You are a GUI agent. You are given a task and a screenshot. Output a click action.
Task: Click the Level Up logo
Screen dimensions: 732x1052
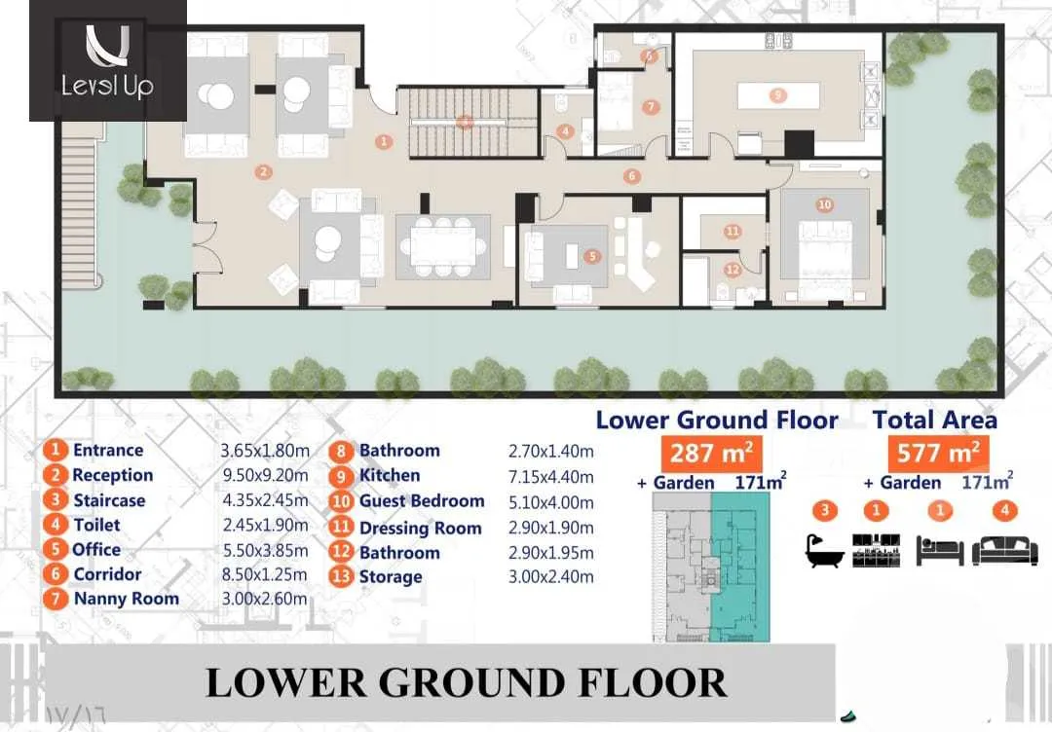107,60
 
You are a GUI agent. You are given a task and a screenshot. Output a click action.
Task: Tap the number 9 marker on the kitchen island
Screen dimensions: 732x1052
776,95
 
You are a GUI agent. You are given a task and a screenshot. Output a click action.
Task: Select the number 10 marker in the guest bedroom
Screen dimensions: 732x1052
825,205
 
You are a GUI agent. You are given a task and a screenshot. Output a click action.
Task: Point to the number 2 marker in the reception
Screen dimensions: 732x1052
263,172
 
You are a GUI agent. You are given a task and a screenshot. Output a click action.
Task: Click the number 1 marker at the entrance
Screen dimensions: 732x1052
385,142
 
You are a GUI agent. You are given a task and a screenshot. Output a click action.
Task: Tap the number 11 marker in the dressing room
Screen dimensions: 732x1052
733,232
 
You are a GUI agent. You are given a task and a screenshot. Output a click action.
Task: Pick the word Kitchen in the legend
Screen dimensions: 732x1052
390,476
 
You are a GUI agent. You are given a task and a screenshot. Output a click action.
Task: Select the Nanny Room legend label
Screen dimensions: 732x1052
126,599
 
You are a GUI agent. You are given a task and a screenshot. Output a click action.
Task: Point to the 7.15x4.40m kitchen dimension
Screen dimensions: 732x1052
550,476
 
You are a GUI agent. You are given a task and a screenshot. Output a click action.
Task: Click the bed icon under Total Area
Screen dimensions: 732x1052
940,549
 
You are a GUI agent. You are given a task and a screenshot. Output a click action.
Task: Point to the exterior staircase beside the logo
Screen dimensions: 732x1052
81,165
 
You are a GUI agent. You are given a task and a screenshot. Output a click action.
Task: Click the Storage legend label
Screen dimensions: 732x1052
391,577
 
